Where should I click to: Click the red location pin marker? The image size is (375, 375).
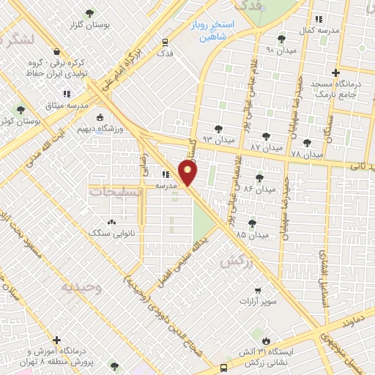[x=189, y=173]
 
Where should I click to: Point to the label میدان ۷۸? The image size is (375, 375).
[x=306, y=155]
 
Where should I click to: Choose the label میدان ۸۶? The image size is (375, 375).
[x=259, y=189]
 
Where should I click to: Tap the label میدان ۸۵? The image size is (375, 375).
[x=251, y=234]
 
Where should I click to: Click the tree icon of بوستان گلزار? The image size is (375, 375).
[x=90, y=13]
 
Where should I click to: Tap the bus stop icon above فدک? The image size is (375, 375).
[x=166, y=42]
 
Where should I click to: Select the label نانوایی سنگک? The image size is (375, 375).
[x=111, y=233]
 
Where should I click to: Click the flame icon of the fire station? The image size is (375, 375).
[x=269, y=339]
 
